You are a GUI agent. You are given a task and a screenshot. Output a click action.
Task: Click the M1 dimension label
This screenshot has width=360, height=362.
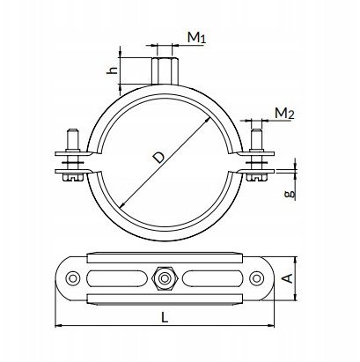(x=196, y=37)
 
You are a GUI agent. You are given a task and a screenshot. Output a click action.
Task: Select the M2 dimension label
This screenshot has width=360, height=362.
(x=284, y=114)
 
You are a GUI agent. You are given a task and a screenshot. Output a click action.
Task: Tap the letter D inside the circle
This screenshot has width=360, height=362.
(x=159, y=158)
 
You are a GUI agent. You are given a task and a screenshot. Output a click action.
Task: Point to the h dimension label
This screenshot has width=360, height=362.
(x=113, y=70)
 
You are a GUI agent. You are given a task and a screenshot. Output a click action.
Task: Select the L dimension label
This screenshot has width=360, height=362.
(x=165, y=318)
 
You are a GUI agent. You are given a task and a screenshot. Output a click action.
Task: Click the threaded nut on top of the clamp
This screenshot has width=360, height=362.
(x=165, y=71)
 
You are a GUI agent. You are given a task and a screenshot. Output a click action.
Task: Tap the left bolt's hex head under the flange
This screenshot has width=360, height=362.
(x=73, y=177)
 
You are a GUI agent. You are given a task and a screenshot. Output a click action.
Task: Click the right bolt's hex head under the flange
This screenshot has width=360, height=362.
(x=256, y=177)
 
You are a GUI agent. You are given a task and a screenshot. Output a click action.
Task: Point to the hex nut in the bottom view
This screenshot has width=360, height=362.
(x=165, y=277)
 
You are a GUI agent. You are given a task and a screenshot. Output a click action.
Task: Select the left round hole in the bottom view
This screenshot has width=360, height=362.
(x=73, y=277)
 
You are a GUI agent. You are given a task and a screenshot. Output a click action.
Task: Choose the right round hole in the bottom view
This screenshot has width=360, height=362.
(x=256, y=277)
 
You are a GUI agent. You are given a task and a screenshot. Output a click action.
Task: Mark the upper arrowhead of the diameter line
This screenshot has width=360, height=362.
(x=209, y=120)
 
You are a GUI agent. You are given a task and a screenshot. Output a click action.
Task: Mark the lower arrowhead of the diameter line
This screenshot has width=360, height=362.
(x=121, y=205)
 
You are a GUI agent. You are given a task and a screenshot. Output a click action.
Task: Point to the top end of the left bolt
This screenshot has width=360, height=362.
(x=73, y=129)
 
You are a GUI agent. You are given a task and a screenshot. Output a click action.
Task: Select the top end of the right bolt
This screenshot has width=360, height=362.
(x=256, y=129)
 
